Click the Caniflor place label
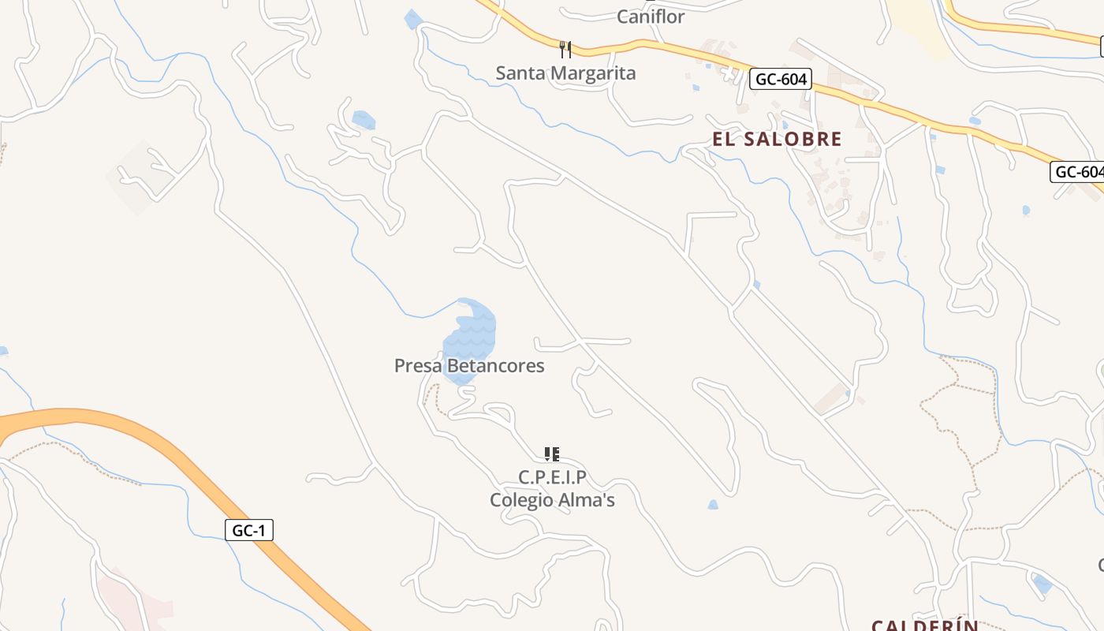[651, 17]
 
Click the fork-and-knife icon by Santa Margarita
[565, 50]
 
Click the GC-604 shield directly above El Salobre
[780, 79]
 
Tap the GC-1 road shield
[249, 531]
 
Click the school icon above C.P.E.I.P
[552, 454]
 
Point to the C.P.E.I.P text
[552, 477]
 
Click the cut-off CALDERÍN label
[924, 625]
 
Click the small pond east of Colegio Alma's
[713, 505]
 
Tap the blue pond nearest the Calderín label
[1042, 584]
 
